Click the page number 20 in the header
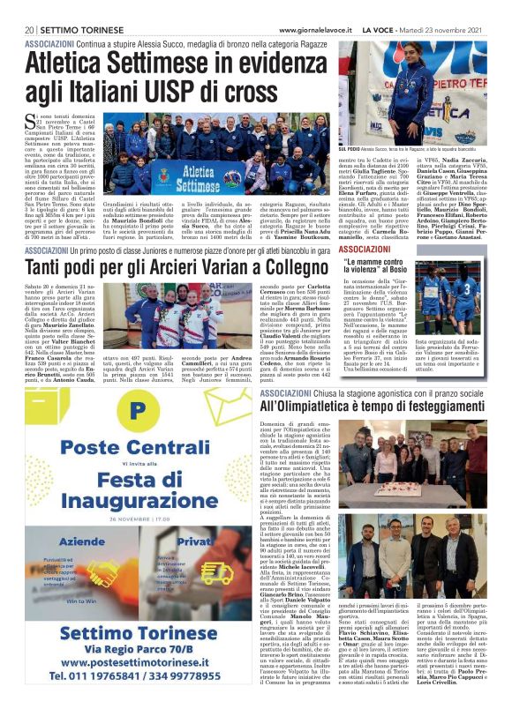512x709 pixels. [x=30, y=29]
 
